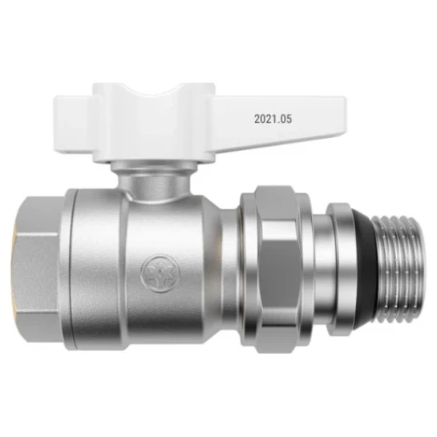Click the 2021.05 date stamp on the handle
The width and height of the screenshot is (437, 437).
pyautogui.click(x=272, y=118)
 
